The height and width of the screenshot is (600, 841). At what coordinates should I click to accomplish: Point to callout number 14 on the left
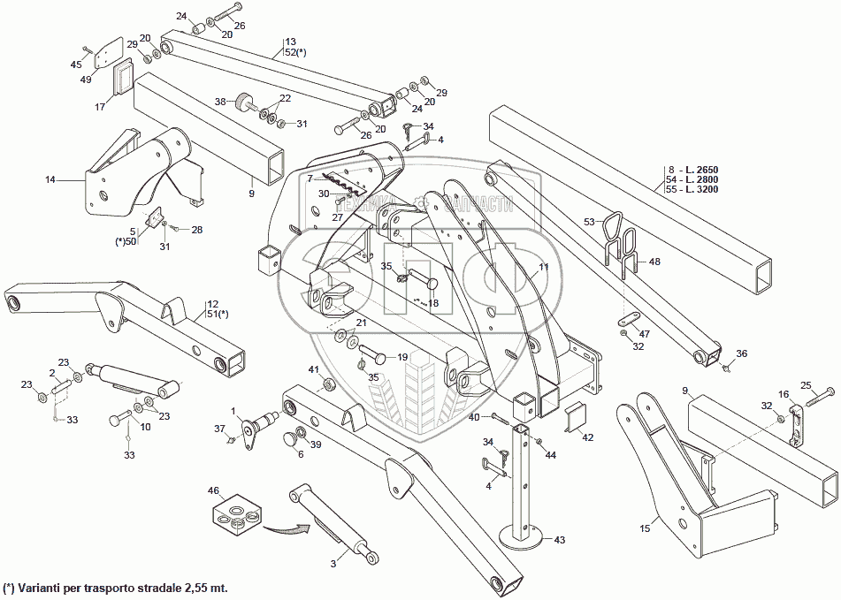pos(50,179)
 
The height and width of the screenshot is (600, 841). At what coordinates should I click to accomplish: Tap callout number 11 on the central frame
pos(544,265)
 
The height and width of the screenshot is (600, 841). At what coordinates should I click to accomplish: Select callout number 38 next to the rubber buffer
pos(220,101)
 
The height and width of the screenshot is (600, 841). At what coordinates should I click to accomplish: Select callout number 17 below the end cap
pos(100,106)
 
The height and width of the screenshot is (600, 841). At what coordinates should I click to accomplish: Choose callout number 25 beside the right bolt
pos(806,384)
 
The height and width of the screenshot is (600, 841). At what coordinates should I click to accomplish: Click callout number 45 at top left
pos(75,64)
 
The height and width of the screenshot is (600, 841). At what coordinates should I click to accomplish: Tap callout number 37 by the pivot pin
pos(220,429)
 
